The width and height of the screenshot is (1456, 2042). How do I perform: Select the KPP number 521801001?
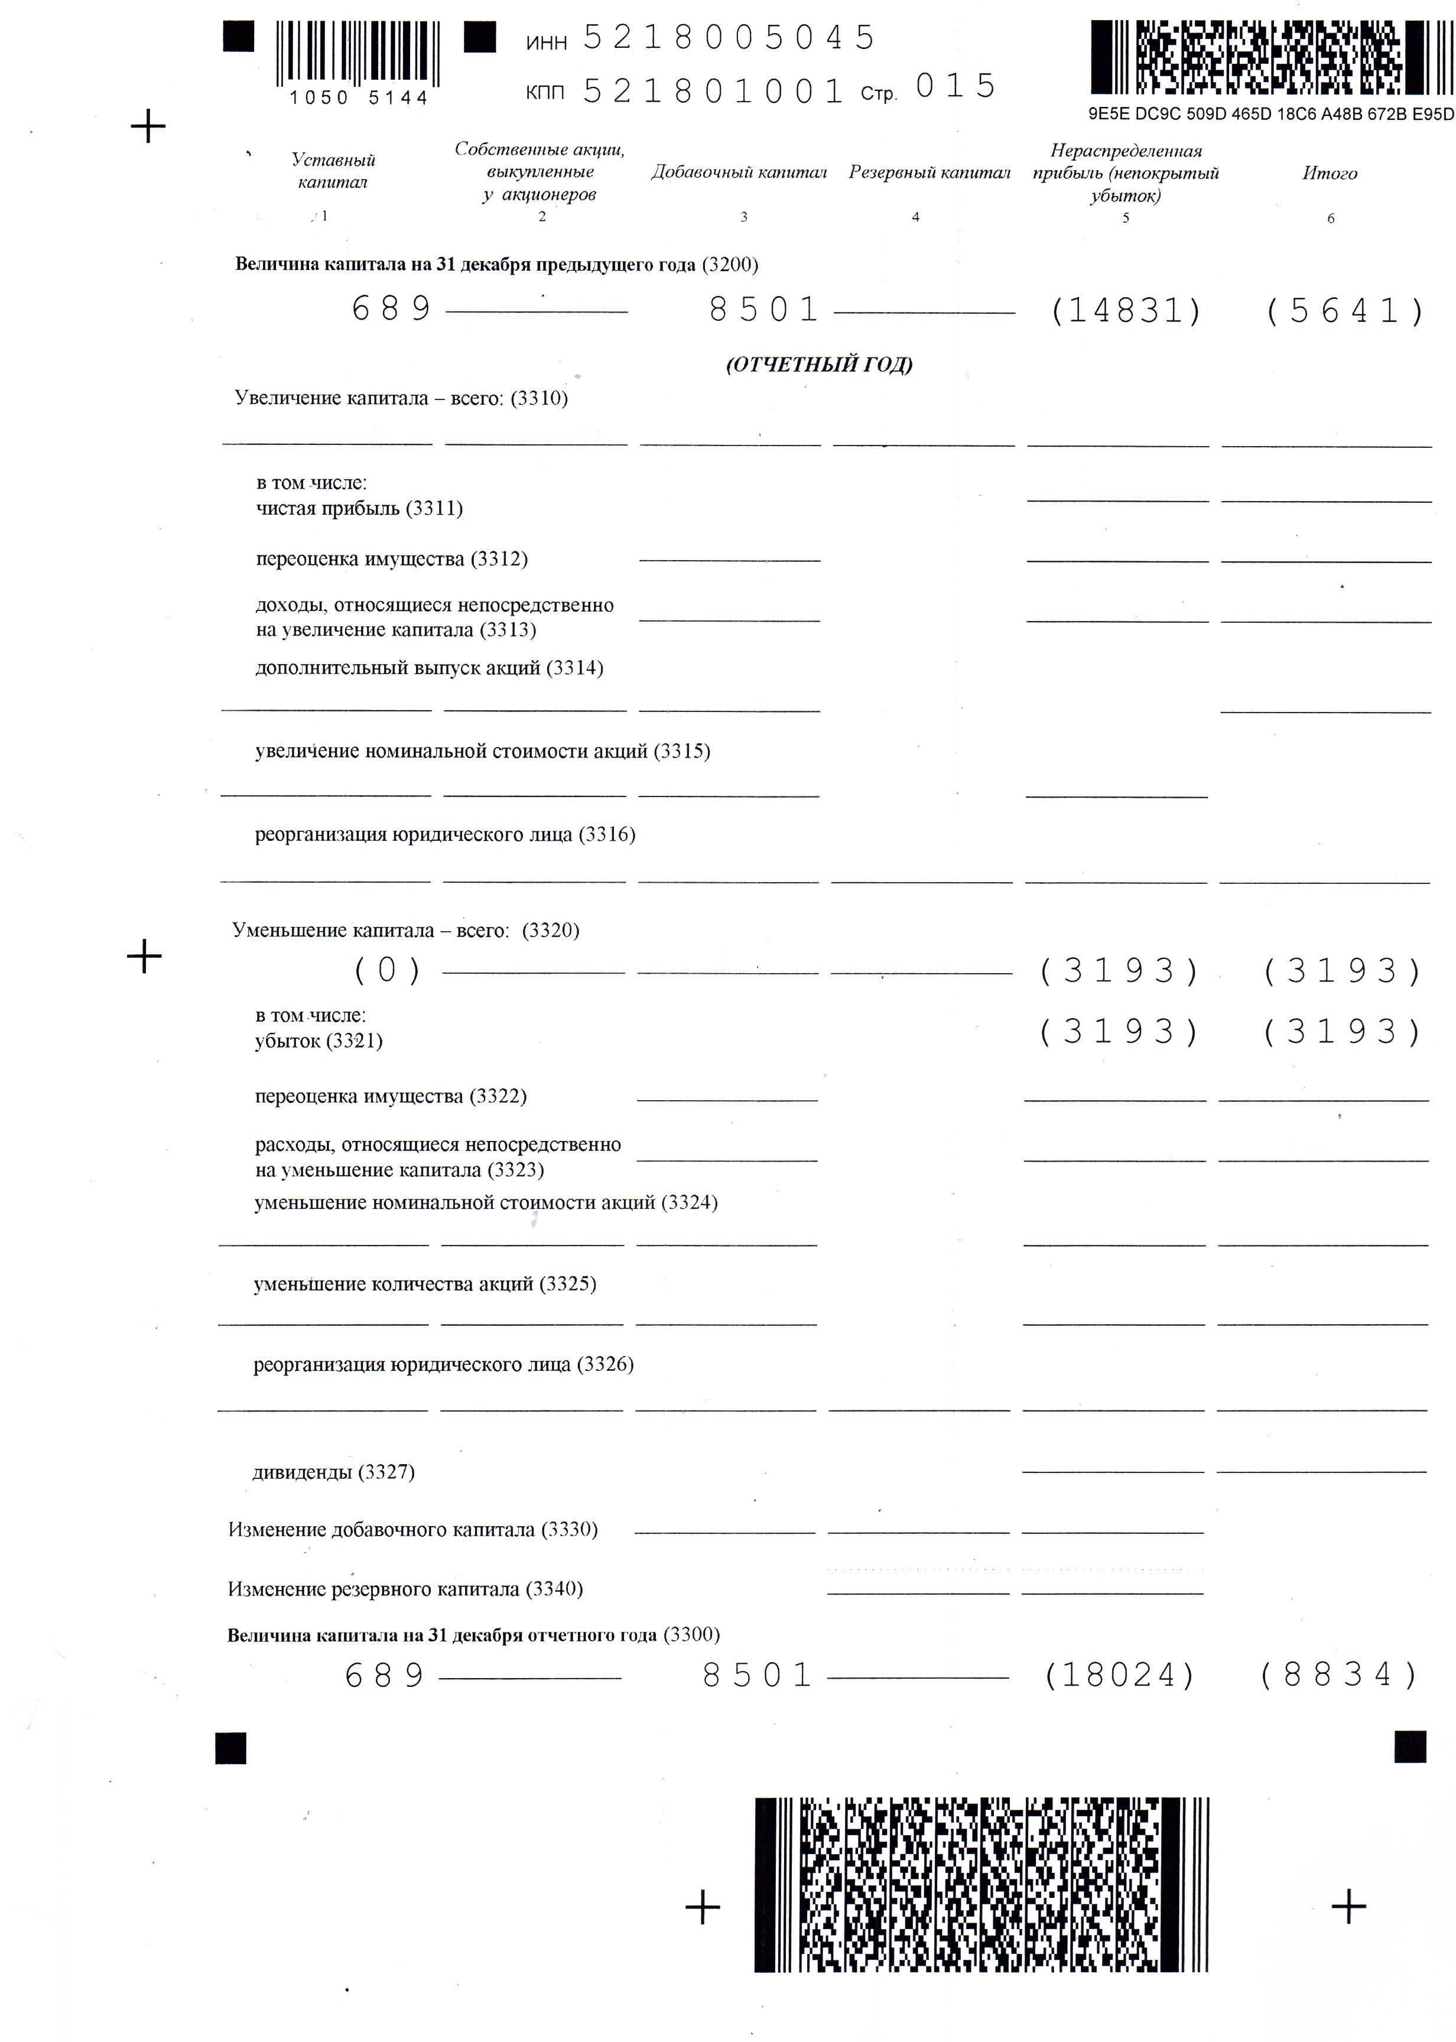[x=713, y=90]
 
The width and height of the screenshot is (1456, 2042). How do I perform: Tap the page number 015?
[x=955, y=86]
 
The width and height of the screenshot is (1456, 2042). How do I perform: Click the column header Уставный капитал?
[x=333, y=170]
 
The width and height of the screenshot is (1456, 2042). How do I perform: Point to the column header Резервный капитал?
[x=929, y=172]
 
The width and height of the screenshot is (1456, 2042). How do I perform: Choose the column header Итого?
[x=1330, y=173]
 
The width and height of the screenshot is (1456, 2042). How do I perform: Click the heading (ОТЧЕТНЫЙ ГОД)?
[x=818, y=364]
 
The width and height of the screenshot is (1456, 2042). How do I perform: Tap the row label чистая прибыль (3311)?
[x=359, y=508]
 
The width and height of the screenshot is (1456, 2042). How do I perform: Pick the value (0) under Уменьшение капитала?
[x=386, y=970]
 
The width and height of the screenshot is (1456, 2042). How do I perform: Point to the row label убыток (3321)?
[x=318, y=1040]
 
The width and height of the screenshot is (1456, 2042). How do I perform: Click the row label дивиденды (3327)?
[x=333, y=1472]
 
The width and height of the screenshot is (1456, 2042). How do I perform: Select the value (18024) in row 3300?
[x=1120, y=1674]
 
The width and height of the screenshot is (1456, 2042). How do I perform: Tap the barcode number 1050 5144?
[x=359, y=97]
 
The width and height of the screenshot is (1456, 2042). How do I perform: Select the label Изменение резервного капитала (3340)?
[x=405, y=1589]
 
